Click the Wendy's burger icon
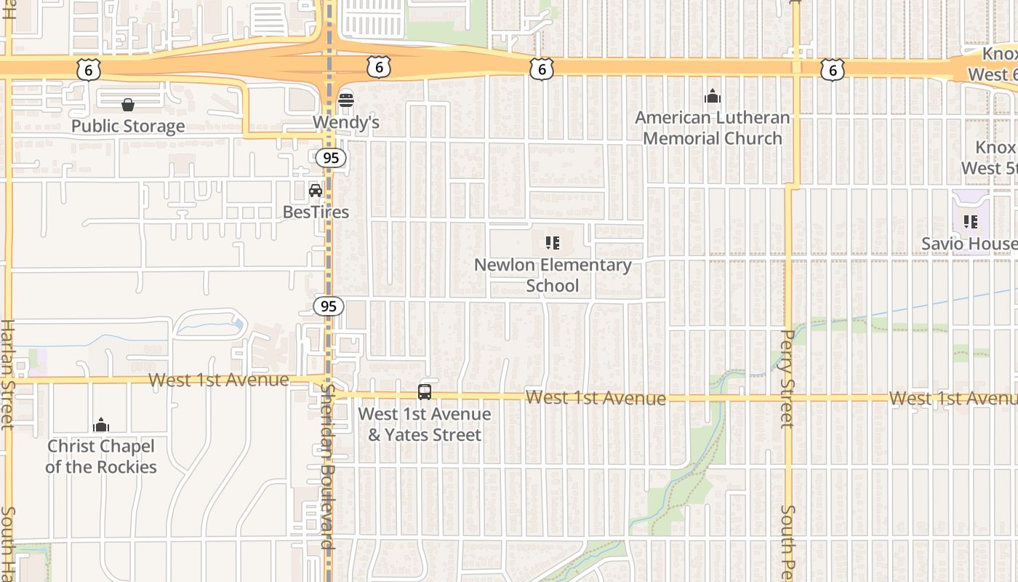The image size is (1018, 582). click(345, 100)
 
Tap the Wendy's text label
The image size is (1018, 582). click(346, 122)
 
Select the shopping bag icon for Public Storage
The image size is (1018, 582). click(128, 105)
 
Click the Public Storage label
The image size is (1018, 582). click(128, 126)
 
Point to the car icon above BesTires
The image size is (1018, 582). click(316, 191)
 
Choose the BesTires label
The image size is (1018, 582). click(316, 212)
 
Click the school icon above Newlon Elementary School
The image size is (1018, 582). click(553, 243)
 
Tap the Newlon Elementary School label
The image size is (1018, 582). click(553, 275)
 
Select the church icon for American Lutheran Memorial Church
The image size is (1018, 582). click(713, 96)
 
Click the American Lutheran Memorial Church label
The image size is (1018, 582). click(713, 128)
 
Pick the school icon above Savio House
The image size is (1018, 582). click(970, 221)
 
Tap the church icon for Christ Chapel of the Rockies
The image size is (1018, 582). click(101, 425)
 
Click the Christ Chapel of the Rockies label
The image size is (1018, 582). click(101, 456)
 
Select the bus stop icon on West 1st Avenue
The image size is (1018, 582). click(425, 392)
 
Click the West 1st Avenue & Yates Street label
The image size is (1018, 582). click(425, 424)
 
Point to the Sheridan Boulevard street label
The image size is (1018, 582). click(326, 466)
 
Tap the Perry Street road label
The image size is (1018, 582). click(787, 378)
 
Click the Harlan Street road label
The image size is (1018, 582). click(8, 375)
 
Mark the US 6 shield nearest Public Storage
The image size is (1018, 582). click(87, 70)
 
